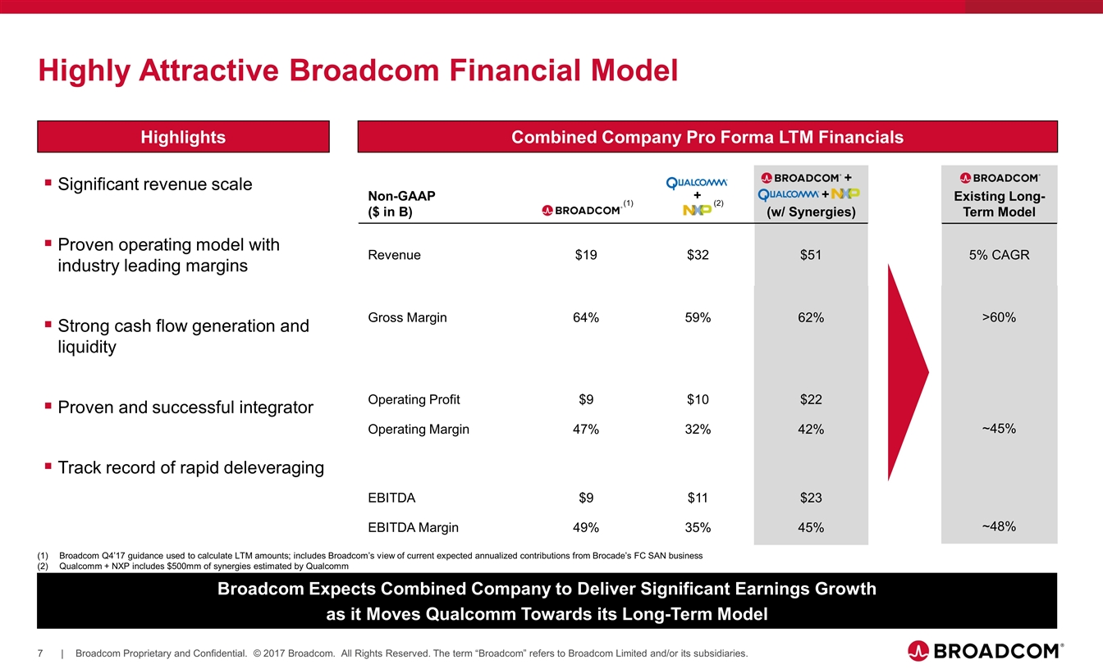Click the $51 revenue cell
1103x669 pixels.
pos(811,255)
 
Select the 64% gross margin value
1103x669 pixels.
pos(585,318)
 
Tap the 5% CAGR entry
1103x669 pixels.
pos(999,255)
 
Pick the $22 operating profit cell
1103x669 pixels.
pos(811,400)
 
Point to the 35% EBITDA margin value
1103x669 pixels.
pos(698,528)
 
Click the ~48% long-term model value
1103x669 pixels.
pos(999,526)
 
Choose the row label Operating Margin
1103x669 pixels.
pos(419,430)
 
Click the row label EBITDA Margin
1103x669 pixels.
pos(413,528)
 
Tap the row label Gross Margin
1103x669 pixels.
pos(407,318)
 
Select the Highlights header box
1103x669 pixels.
pos(183,137)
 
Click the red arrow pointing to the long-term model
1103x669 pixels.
pos(906,373)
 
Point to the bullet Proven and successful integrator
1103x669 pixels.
pos(185,407)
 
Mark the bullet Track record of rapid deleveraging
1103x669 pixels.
pos(190,468)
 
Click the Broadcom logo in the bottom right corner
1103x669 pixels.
pos(985,651)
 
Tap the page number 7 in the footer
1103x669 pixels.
pos(40,653)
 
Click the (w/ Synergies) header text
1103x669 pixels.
pos(810,212)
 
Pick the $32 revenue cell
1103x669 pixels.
pos(698,255)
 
